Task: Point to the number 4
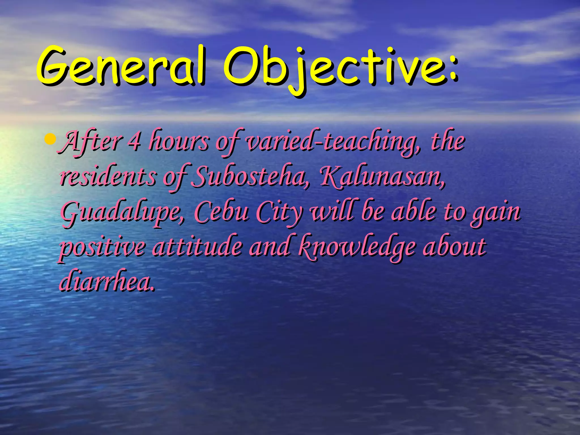[134, 142]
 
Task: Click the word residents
[108, 177]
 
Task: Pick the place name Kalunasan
[382, 177]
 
